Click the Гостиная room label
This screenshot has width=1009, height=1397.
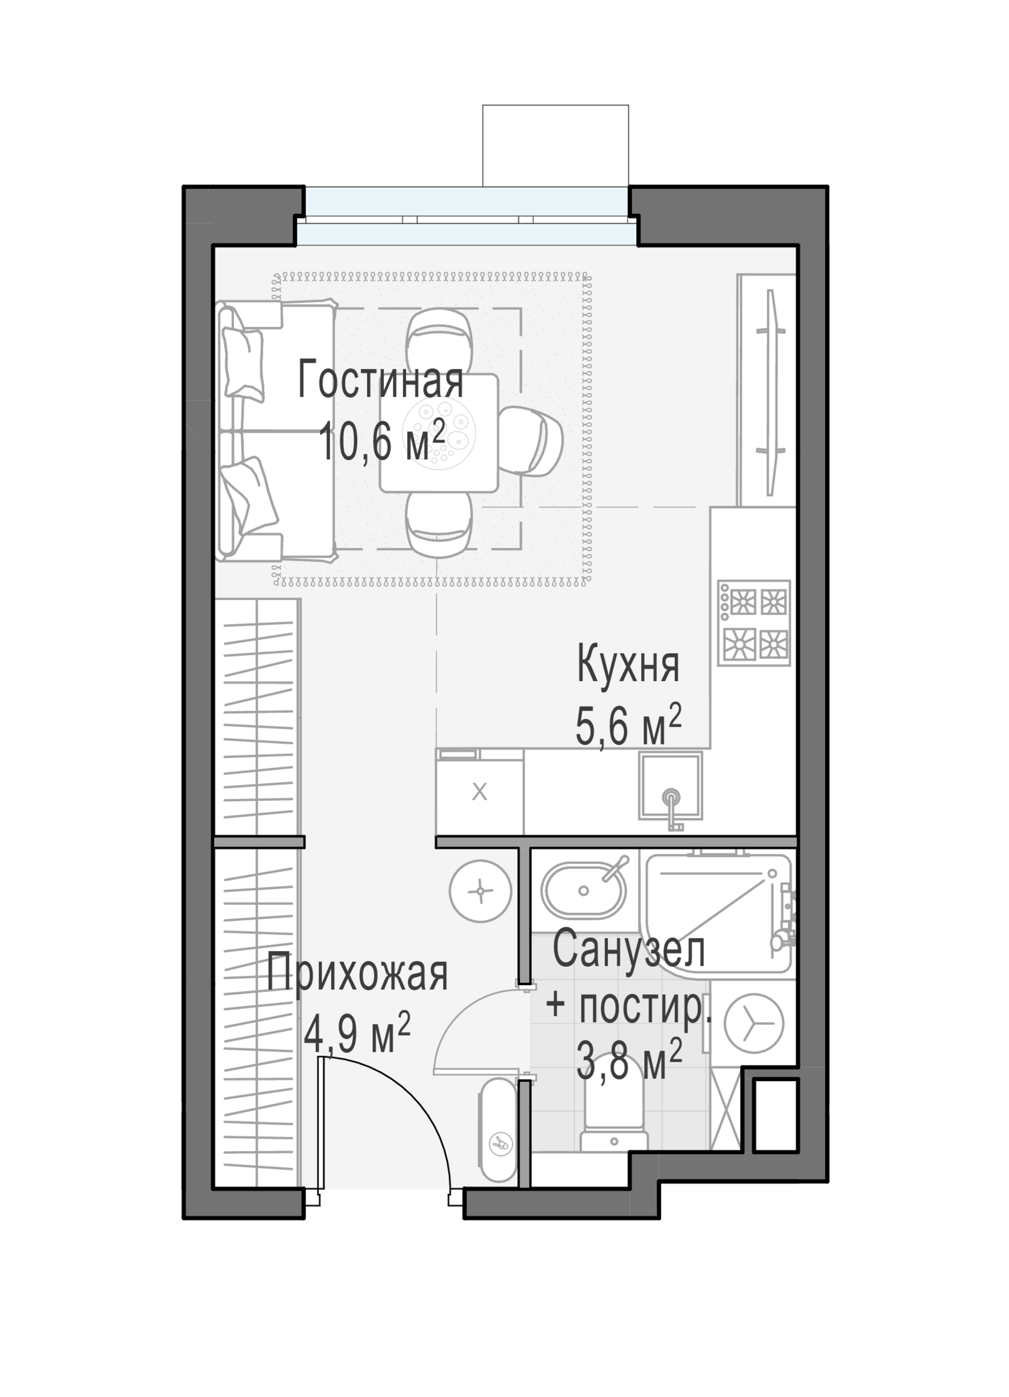coord(380,381)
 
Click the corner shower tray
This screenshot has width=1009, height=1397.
coord(717,914)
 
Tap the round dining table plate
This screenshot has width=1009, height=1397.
coord(438,432)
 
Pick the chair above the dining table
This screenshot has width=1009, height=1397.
coord(439,341)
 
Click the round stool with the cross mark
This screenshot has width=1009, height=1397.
coord(480,891)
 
